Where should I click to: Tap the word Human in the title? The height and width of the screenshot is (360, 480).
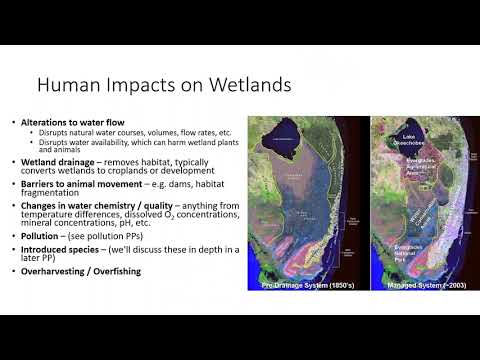(67, 85)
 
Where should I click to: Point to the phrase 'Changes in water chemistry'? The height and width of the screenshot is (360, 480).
(78, 203)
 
